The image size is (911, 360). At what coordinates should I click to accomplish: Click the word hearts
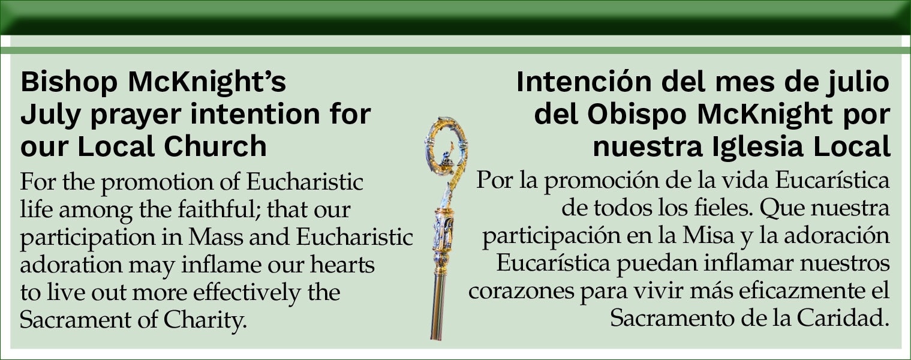[342, 265]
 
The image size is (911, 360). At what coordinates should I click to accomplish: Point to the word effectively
[246, 293]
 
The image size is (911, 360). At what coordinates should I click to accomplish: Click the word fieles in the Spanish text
[722, 208]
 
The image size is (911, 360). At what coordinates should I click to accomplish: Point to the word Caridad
[843, 318]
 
